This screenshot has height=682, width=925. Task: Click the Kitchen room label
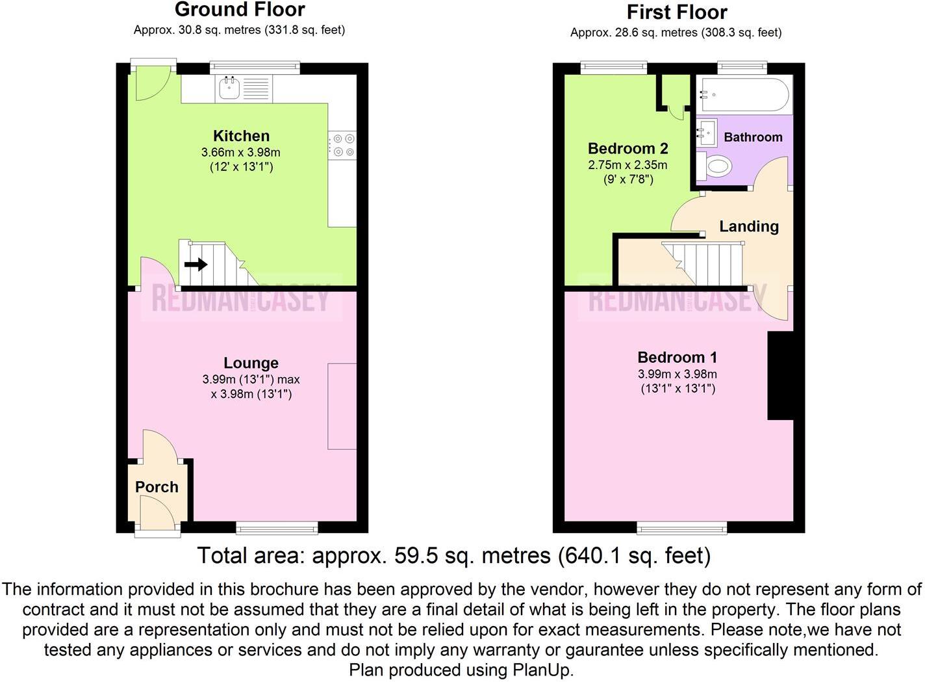coord(241,136)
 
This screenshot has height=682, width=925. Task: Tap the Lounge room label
coord(251,363)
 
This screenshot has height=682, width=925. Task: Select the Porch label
coord(157,487)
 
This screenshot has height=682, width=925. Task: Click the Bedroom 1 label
coord(677,357)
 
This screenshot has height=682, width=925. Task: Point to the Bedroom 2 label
coord(627,148)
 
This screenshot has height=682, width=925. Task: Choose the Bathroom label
coord(753,137)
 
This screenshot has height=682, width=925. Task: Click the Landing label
coord(748,226)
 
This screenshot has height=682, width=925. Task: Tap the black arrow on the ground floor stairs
coord(196,265)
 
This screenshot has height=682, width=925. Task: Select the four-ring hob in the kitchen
coord(342,146)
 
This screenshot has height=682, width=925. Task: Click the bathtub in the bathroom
coord(744,95)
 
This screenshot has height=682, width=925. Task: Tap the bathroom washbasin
coord(707,132)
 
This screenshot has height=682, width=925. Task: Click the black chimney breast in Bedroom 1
coord(780,376)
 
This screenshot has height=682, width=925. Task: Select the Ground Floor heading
coord(240,10)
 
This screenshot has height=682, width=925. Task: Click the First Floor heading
coord(676,12)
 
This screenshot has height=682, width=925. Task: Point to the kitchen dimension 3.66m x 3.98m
coord(240,153)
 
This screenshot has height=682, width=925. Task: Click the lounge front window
coord(277,527)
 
